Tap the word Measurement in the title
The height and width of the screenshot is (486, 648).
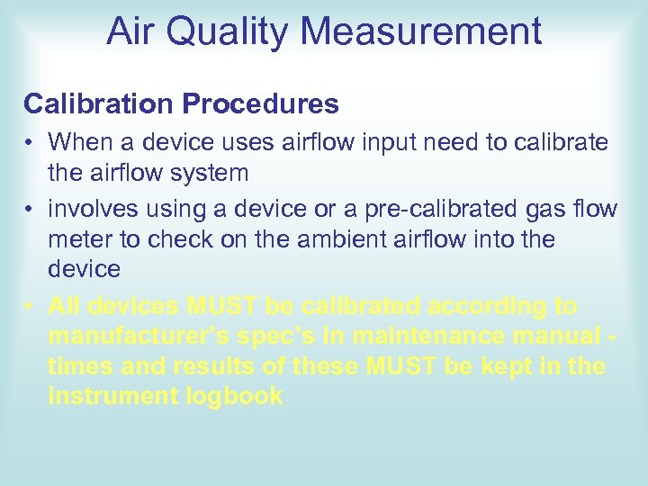pos(421,31)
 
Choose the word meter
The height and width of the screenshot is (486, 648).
pos(79,239)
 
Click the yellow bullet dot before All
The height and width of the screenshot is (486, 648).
pos(30,307)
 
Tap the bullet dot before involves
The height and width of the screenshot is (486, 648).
pos(30,210)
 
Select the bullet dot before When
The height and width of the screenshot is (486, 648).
pos(30,142)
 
